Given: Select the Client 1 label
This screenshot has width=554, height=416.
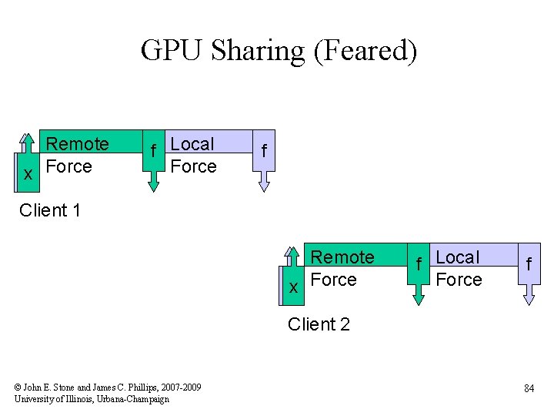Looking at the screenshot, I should tap(50, 210).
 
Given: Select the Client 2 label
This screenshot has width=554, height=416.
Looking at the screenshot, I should tap(319, 324).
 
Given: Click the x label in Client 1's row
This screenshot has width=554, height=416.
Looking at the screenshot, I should tap(28, 175).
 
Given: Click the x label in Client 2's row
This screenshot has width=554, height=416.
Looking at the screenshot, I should tap(293, 288).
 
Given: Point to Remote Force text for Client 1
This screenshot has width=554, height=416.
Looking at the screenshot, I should tap(77, 155).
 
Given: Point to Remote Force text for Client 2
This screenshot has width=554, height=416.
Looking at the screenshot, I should tap(342, 268).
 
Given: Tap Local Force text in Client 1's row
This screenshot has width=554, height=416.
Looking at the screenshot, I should tap(193, 155).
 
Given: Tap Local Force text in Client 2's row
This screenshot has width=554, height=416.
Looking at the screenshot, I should tap(458, 268).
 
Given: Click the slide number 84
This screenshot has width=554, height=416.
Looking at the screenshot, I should tap(529, 389).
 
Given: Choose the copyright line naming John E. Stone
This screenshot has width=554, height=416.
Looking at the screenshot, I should tap(108, 387).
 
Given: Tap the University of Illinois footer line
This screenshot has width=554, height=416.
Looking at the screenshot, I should tap(92, 398).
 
